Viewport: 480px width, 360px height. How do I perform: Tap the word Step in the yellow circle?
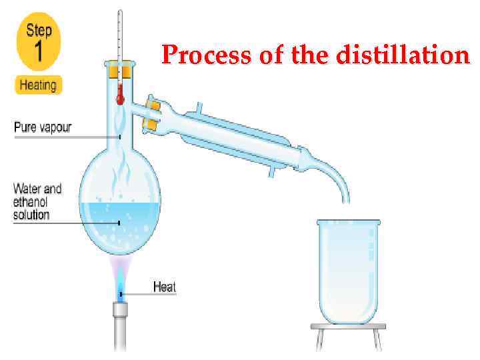click(x=39, y=30)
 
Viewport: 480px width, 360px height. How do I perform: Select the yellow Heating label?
click(x=39, y=85)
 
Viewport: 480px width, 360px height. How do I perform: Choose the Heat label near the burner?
click(x=164, y=287)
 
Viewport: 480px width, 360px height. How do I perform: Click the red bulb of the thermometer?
click(x=120, y=98)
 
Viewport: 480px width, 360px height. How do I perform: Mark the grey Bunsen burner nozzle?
click(x=120, y=311)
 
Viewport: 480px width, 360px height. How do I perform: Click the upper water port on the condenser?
click(x=199, y=108)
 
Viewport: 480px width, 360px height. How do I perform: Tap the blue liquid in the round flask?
click(x=120, y=230)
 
